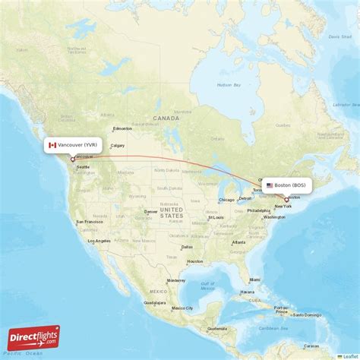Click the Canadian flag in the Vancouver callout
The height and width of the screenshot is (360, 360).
click(52, 145)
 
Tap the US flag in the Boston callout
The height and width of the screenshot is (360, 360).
click(270, 185)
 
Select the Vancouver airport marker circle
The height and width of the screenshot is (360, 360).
click(73, 159)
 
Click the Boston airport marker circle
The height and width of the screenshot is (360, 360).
click(286, 200)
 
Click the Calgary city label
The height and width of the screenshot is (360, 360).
click(118, 146)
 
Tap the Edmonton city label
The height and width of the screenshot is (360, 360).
click(122, 128)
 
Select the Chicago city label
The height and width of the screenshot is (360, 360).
click(226, 201)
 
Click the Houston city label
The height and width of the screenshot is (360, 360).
click(195, 261)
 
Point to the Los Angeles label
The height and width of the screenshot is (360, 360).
click(99, 241)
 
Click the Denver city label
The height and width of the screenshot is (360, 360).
click(151, 211)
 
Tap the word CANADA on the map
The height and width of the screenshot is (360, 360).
click(166, 119)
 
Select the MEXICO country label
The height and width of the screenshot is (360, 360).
click(157, 292)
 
